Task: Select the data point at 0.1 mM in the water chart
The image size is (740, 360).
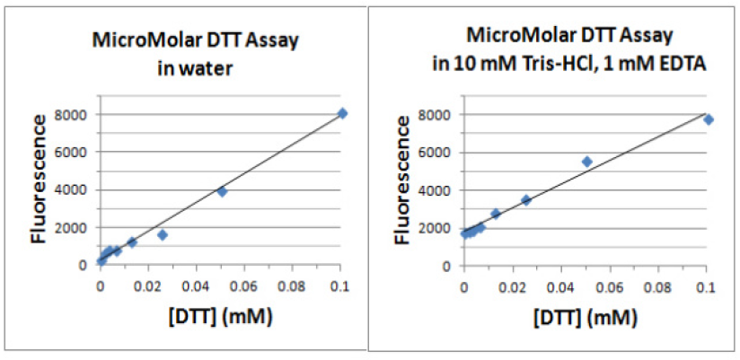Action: [342, 113]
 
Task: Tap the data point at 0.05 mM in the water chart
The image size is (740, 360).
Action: [222, 191]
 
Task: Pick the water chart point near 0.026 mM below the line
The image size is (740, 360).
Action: [163, 234]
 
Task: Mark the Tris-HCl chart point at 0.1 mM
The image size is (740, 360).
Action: [708, 119]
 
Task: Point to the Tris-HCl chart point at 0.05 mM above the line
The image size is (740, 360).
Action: [586, 162]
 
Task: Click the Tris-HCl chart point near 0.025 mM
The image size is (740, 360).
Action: [526, 200]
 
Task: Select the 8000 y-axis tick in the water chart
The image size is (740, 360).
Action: [75, 114]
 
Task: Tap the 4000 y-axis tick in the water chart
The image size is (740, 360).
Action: [75, 189]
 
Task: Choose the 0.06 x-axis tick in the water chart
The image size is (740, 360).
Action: [244, 285]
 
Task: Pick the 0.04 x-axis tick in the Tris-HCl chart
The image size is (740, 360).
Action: [560, 286]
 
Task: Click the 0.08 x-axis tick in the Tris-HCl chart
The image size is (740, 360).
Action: [658, 286]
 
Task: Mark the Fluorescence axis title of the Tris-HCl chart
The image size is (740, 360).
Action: [404, 191]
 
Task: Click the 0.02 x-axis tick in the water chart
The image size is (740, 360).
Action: [148, 285]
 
